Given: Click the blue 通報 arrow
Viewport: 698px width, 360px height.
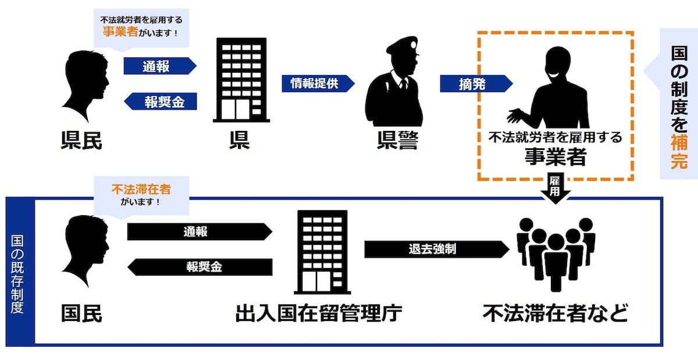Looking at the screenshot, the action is click(x=160, y=66).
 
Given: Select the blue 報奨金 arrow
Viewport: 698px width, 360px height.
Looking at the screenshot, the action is click(x=160, y=101).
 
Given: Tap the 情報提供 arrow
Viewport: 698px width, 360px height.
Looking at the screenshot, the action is click(x=318, y=84).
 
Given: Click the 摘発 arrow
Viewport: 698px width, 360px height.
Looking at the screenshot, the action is click(x=476, y=84).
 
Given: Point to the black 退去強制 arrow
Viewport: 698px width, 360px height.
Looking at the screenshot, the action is click(x=437, y=249).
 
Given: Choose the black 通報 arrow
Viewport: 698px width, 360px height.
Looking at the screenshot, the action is click(x=200, y=231).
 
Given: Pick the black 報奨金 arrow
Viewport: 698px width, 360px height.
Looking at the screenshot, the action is click(x=200, y=267).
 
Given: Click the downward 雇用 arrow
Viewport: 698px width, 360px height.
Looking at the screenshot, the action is click(x=555, y=188).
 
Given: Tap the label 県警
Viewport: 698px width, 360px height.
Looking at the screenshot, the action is click(x=397, y=141).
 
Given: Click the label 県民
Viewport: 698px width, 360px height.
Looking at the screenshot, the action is click(x=81, y=141).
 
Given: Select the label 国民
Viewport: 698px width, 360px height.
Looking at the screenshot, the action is click(x=81, y=313).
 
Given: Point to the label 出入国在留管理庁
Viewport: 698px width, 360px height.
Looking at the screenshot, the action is click(x=319, y=313).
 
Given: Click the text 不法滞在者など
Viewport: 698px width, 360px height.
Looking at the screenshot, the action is click(x=555, y=313).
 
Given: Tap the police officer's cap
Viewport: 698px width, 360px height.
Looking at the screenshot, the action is click(x=403, y=45).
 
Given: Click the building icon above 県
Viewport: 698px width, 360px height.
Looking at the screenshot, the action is click(x=241, y=80).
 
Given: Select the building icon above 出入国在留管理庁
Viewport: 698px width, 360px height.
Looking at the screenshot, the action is click(x=322, y=252).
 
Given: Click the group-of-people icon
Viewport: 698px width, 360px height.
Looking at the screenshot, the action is click(x=556, y=255).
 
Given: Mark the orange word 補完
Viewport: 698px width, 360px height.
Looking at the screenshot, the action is click(x=679, y=151).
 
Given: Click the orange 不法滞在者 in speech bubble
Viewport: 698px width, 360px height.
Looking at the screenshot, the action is click(x=141, y=189).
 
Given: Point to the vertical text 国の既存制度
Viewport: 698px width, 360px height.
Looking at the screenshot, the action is click(x=17, y=274).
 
